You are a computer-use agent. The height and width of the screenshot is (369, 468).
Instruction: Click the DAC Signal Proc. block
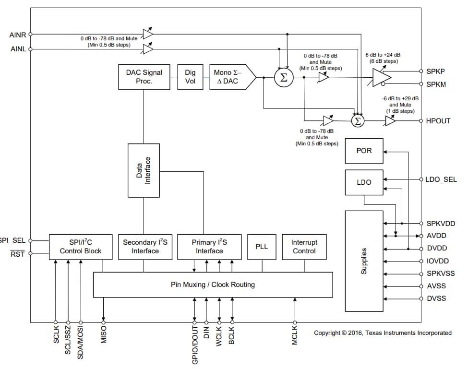pyautogui.click(x=144, y=77)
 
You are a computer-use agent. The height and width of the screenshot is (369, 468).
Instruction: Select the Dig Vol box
pyautogui.click(x=190, y=77)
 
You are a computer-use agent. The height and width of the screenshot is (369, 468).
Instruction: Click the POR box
pyautogui.click(x=364, y=151)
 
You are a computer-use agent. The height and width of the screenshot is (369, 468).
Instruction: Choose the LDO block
pyautogui.click(x=364, y=182)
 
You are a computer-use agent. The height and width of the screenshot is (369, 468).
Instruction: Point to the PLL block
pyautogui.click(x=261, y=247)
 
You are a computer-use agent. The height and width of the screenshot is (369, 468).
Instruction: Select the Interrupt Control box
pyautogui.click(x=304, y=247)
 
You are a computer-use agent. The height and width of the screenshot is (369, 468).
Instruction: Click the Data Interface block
pyautogui.click(x=144, y=170)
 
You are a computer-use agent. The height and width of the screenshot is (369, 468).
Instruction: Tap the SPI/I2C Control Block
pyautogui.click(x=81, y=247)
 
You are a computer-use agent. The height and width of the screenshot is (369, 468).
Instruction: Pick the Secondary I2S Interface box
pyautogui.click(x=145, y=247)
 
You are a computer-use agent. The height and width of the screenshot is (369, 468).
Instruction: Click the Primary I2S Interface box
pyautogui.click(x=209, y=247)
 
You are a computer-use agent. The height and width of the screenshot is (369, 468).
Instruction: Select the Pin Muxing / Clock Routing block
pyautogui.click(x=212, y=285)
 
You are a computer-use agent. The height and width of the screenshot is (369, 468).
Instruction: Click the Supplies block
pyautogui.click(x=364, y=261)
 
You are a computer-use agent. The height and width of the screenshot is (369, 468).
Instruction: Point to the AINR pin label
pyautogui.click(x=19, y=35)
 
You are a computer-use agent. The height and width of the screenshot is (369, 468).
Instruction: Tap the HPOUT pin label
pyautogui.click(x=438, y=121)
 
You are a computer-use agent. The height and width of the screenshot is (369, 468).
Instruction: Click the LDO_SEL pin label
pyautogui.click(x=441, y=179)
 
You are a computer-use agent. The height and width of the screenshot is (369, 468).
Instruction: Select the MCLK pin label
pyautogui.click(x=295, y=336)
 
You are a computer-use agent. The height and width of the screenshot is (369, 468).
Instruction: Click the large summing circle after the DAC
pyautogui.click(x=283, y=78)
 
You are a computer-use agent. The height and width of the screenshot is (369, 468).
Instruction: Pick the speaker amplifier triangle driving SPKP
pyautogui.click(x=381, y=77)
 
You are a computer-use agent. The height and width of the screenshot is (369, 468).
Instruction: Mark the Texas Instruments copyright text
pyautogui.click(x=383, y=333)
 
